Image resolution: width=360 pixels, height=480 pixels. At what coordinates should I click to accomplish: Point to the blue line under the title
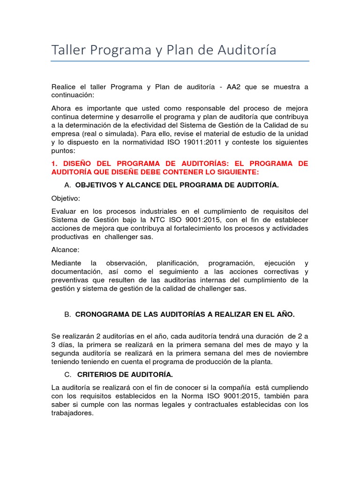(180, 61)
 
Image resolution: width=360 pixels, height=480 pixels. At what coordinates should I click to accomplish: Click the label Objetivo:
(66, 198)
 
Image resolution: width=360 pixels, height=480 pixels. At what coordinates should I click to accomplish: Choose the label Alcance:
(65, 249)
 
